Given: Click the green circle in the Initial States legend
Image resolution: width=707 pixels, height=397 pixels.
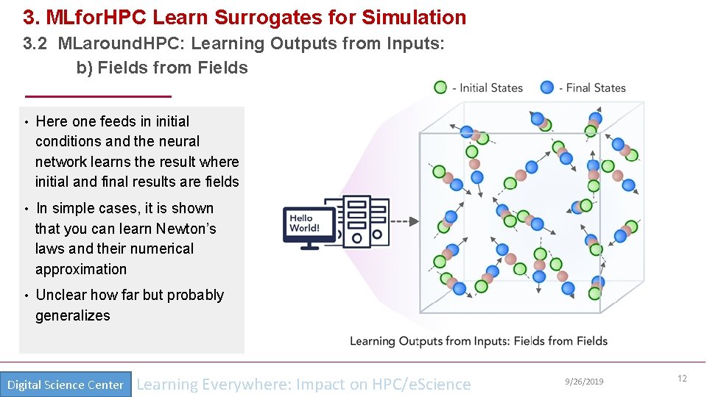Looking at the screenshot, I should [x=440, y=87].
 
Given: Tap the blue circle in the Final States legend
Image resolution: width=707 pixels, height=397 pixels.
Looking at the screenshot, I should [x=546, y=87].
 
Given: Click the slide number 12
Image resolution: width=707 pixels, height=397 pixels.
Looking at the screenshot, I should [x=682, y=379].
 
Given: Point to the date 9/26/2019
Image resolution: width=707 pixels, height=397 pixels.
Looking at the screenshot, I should [x=584, y=381].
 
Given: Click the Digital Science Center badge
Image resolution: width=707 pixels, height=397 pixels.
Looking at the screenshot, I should [x=66, y=385].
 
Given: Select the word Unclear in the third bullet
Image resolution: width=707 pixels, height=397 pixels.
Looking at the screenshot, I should [x=61, y=295].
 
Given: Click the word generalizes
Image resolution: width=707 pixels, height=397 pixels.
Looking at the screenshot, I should [x=73, y=315].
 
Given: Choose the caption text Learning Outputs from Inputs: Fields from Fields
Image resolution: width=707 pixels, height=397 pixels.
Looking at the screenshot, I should [x=478, y=341].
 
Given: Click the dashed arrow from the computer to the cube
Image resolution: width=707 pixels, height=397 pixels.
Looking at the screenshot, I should [x=404, y=221].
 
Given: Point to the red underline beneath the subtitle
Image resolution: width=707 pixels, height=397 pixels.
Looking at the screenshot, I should [x=98, y=96].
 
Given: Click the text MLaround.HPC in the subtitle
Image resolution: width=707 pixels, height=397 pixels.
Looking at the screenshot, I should [x=122, y=43].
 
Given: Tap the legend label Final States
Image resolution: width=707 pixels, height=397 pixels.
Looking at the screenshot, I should [x=596, y=87].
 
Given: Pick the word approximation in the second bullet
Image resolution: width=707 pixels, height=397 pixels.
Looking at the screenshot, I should [x=81, y=269].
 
